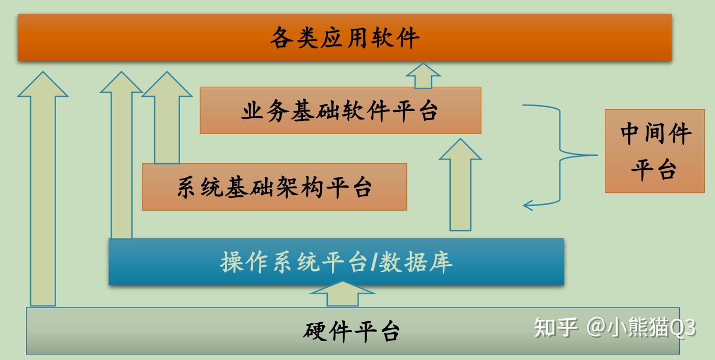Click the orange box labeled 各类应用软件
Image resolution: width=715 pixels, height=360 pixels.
(x=345, y=37)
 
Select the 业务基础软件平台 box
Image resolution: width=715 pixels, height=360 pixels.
(x=341, y=110)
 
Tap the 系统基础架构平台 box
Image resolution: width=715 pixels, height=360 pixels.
(x=274, y=187)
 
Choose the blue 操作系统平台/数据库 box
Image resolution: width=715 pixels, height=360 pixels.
(x=337, y=262)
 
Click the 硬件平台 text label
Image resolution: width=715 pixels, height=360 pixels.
(x=351, y=332)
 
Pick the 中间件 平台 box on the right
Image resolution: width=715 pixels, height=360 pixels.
(x=655, y=151)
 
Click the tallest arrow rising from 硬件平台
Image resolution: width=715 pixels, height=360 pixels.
(x=43, y=188)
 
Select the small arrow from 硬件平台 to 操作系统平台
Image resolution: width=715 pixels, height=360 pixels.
(x=343, y=294)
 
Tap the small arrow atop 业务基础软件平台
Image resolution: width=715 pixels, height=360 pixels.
(x=423, y=75)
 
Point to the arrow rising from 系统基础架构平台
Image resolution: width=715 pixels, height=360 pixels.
(x=167, y=117)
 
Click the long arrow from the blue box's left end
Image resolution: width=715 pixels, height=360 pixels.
(x=121, y=155)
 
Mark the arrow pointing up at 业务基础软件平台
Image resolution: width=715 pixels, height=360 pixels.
(x=461, y=185)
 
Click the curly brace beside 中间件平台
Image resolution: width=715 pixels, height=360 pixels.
(x=560, y=156)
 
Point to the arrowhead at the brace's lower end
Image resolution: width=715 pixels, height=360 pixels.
(x=528, y=205)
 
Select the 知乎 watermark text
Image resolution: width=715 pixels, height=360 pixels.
(x=556, y=327)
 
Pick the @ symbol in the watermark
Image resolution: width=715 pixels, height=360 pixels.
(x=596, y=328)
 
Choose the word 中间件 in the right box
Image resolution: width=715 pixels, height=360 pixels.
(x=656, y=134)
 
